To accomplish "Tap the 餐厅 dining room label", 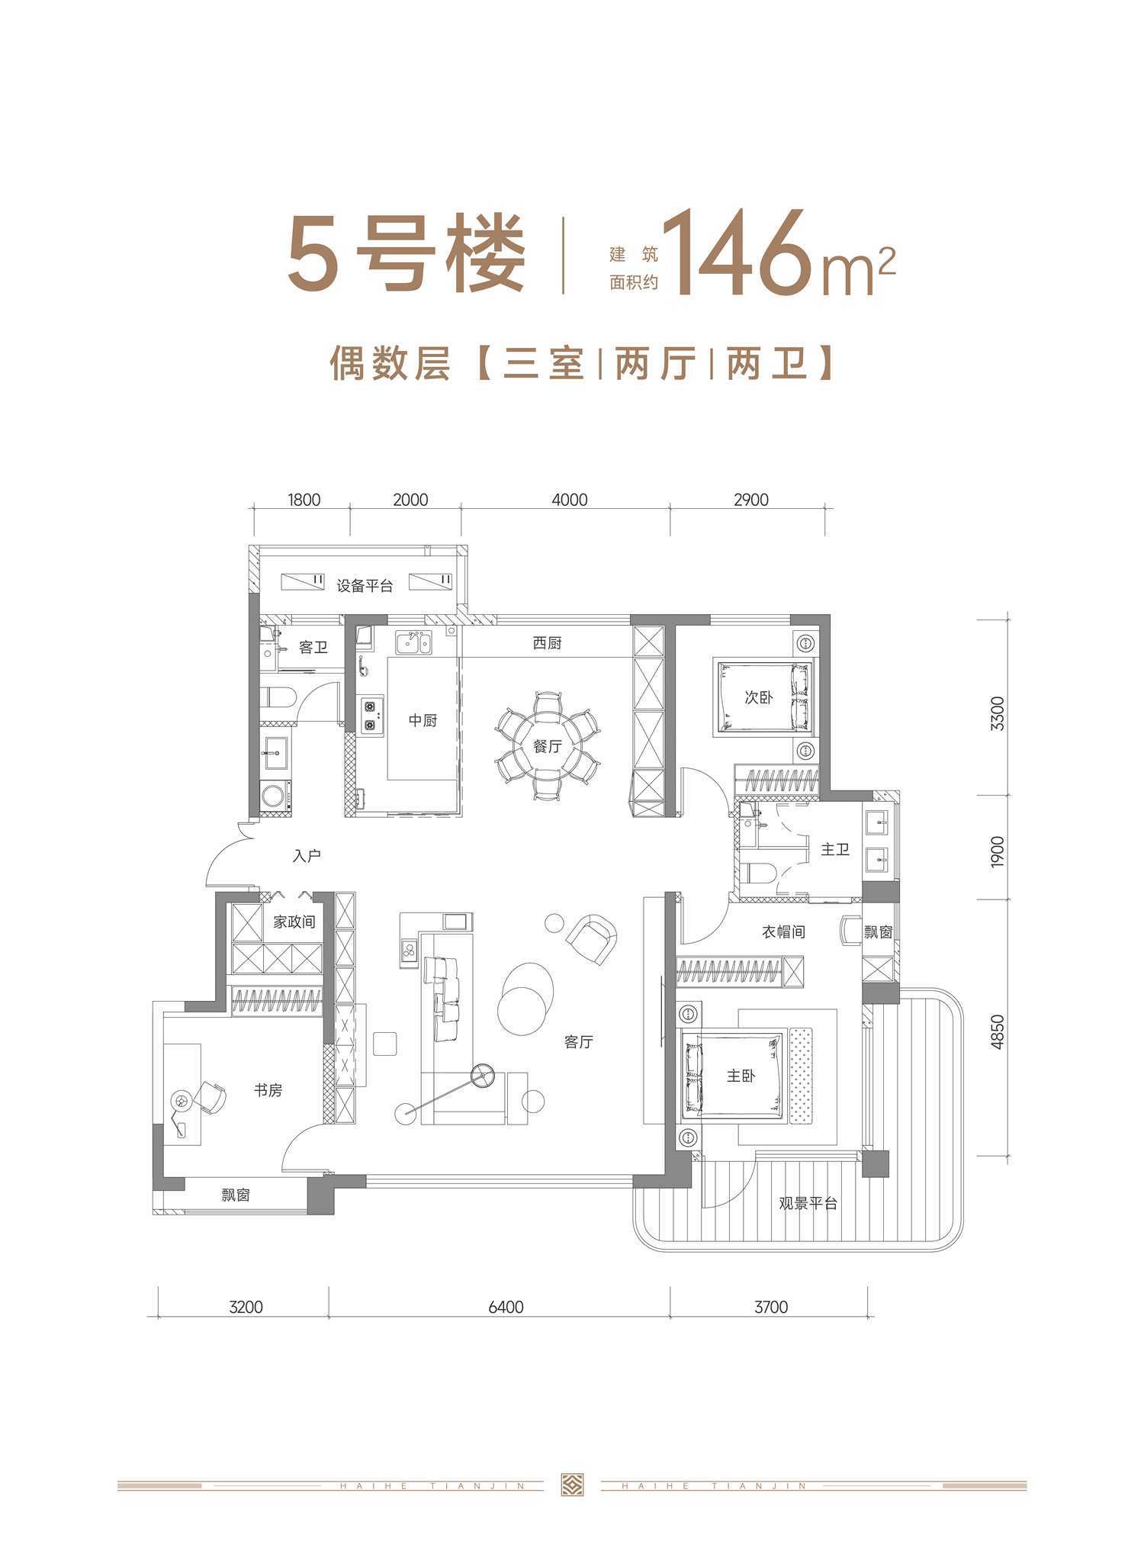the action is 548,746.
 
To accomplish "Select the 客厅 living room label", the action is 579,1041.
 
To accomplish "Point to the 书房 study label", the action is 268,1090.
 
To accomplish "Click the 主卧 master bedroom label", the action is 741,1076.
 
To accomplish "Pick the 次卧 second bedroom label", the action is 758,697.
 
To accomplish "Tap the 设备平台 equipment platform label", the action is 365,586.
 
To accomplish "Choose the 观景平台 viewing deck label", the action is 808,1203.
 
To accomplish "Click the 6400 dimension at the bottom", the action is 505,1307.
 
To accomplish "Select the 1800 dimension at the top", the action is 304,500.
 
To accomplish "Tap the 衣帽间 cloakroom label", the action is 783,932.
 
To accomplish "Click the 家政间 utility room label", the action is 294,922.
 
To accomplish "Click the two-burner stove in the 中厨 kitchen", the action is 371,716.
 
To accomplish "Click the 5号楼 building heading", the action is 407,253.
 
